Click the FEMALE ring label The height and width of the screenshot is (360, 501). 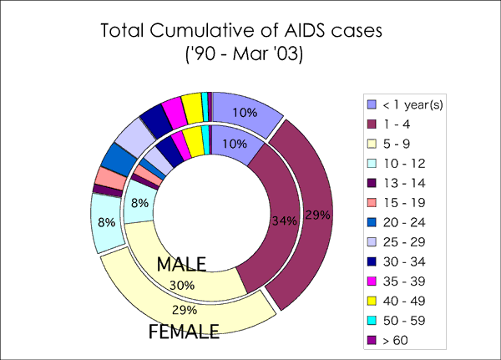[x=184, y=332]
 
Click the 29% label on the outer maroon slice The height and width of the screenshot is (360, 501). [x=317, y=215]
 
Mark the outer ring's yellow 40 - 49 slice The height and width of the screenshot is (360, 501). [x=191, y=106]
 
